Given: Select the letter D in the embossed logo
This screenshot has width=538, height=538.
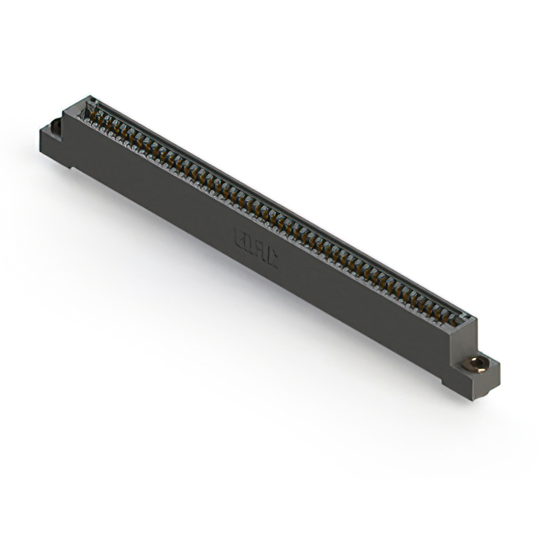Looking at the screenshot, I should tap(250, 245).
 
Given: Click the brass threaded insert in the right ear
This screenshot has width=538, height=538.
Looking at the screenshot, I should tap(478, 364).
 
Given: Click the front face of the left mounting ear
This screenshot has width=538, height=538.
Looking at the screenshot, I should tap(52, 146).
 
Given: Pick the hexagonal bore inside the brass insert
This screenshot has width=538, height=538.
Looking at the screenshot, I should tap(478, 364).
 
